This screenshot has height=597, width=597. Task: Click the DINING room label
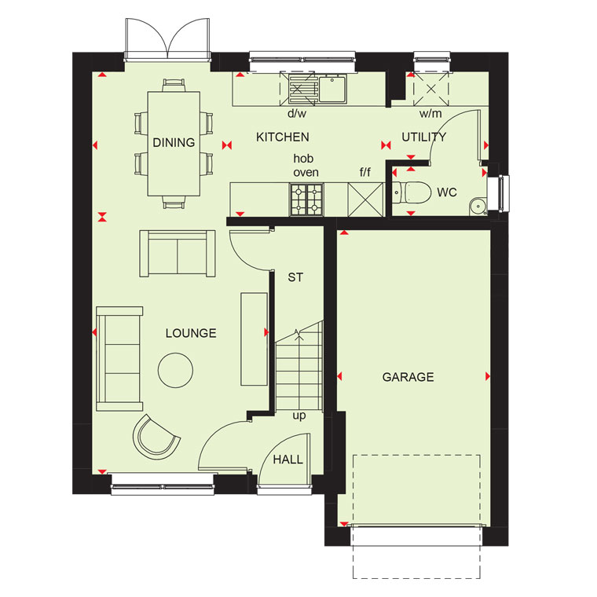174,142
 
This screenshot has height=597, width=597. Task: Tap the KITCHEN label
283,137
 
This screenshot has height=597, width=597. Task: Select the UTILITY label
423,137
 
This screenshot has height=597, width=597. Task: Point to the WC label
447,192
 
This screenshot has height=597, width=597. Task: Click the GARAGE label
408,377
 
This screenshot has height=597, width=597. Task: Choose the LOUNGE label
191,333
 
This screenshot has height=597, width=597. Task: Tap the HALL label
288,460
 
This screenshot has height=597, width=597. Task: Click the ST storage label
295,277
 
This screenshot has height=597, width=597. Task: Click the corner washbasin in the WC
478,207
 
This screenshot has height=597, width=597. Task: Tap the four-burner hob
306,199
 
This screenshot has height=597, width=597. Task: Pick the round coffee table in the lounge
175,370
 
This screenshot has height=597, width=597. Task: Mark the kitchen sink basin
333,90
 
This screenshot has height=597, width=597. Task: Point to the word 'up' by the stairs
299,416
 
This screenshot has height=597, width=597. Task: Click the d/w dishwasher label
297,113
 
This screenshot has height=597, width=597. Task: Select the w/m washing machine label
430,113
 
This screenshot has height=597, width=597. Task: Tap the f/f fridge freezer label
364,172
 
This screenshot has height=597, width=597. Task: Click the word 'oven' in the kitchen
306,173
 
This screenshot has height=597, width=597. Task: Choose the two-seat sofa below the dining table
178,254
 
